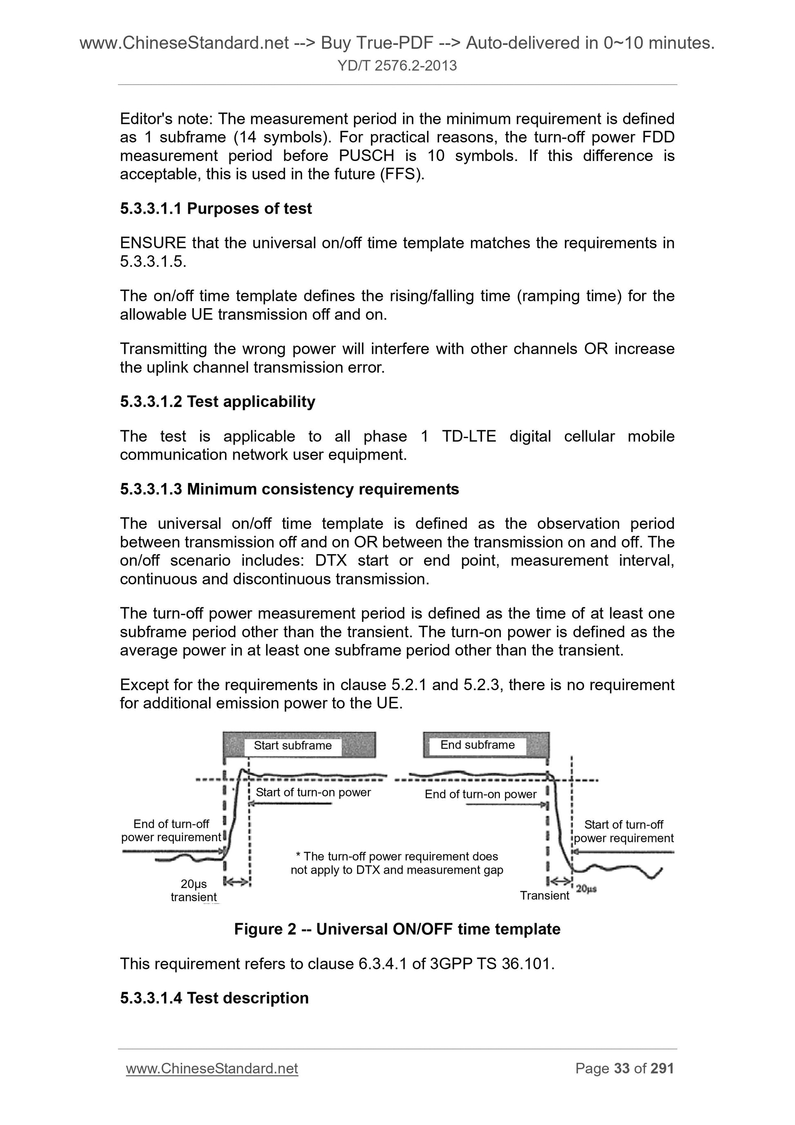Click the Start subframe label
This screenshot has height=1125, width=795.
click(x=293, y=745)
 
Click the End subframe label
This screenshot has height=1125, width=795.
click(x=477, y=745)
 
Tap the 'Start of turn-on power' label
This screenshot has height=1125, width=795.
click(x=313, y=792)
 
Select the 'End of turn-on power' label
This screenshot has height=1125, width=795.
click(x=480, y=794)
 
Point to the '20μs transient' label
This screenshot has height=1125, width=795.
click(x=194, y=890)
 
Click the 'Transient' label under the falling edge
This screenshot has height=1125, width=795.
click(x=544, y=896)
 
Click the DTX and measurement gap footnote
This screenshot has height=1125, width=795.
click(x=397, y=863)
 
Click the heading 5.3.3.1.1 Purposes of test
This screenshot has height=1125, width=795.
click(x=216, y=209)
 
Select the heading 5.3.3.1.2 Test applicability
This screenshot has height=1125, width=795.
click(x=217, y=402)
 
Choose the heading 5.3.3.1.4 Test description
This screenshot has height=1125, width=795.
click(x=214, y=998)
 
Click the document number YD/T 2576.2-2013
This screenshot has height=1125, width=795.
click(x=397, y=66)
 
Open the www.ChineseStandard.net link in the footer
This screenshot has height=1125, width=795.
click(x=212, y=1068)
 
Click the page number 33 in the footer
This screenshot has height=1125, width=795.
click(x=621, y=1068)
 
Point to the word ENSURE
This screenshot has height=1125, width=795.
click(x=153, y=243)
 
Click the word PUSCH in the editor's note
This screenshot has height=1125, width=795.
click(x=366, y=156)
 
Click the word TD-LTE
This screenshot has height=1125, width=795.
click(x=468, y=436)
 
